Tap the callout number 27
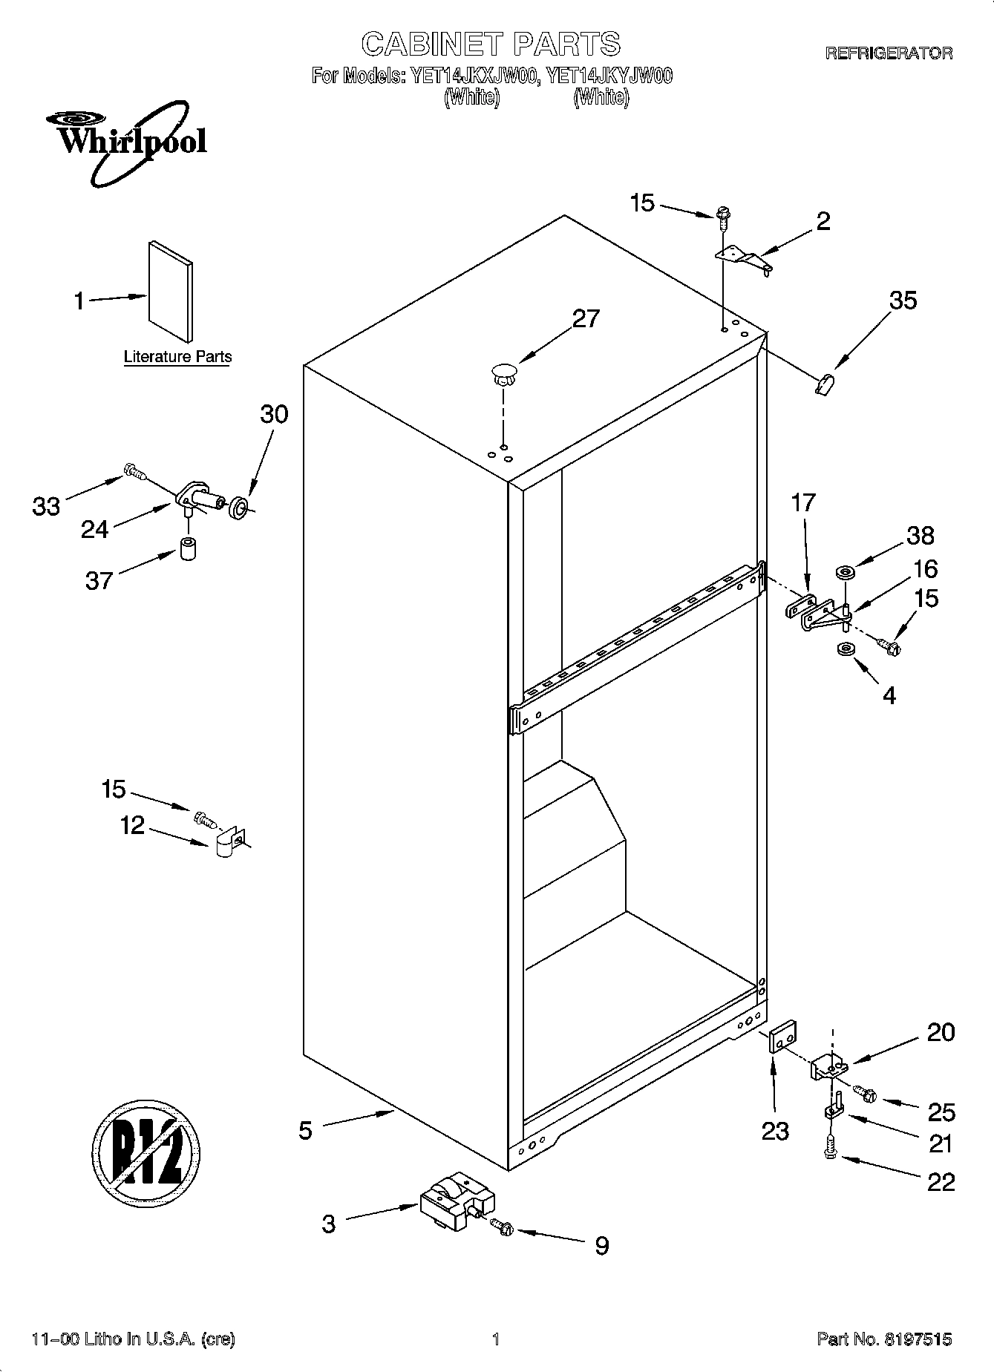(x=585, y=318)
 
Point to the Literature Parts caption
(x=177, y=357)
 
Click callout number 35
(x=903, y=301)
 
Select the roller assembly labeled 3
(x=457, y=1201)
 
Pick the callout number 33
(x=46, y=507)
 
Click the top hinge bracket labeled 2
(x=742, y=257)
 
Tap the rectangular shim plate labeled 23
(x=784, y=1036)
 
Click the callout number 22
(x=941, y=1182)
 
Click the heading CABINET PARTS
(x=491, y=44)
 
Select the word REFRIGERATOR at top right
(x=889, y=53)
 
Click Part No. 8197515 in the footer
(x=883, y=1339)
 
